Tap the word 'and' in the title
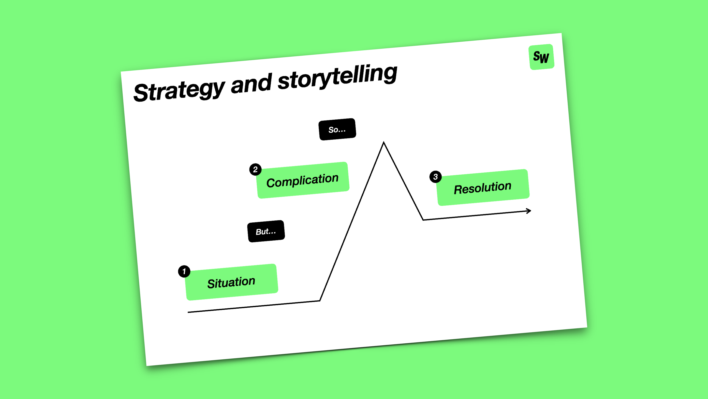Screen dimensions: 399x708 point(251,84)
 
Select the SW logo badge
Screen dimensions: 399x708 point(541,57)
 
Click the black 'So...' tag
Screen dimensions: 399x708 point(337,129)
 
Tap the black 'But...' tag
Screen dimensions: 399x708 point(266,231)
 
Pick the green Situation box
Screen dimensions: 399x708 point(232,282)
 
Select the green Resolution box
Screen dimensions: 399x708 point(483,187)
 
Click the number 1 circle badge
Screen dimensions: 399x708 point(184,271)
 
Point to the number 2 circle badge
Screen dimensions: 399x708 point(255,169)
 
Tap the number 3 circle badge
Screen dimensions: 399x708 point(435,177)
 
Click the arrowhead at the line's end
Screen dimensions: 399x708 point(530,211)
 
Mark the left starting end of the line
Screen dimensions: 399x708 point(189,312)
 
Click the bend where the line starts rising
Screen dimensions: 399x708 point(320,301)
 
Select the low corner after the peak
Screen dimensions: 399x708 point(423,219)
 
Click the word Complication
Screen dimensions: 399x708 point(302,181)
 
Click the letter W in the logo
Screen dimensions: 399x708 point(545,58)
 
